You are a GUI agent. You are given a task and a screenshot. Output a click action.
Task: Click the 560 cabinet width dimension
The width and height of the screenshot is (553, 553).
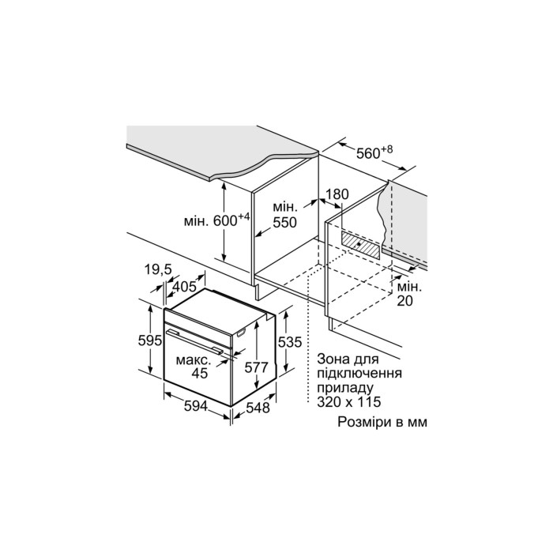(369, 154)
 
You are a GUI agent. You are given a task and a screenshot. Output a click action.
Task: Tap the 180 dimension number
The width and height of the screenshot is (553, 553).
(337, 194)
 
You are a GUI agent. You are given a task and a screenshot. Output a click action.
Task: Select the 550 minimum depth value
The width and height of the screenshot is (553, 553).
(285, 223)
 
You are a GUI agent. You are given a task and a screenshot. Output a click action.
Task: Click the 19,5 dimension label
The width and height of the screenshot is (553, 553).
(158, 269)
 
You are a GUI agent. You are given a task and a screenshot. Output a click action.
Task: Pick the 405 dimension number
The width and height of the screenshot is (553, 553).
(184, 286)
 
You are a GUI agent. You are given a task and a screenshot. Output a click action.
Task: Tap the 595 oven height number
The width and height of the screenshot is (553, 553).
(150, 340)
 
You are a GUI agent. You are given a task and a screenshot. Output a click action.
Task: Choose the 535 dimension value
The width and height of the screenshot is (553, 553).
(290, 342)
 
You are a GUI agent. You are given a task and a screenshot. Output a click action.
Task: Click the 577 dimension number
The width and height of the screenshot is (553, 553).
(257, 367)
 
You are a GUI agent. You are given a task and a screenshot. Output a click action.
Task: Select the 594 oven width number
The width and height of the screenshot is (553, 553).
(196, 406)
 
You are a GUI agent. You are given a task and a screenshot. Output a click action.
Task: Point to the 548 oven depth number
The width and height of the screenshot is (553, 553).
(258, 408)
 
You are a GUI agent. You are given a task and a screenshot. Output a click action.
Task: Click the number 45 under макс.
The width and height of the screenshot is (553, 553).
(200, 373)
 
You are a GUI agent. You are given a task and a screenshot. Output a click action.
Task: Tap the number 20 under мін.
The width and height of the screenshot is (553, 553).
(404, 300)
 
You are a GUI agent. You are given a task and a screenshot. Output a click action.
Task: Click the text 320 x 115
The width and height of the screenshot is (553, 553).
(349, 401)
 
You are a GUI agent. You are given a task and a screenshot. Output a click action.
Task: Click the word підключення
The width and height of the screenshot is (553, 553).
(359, 374)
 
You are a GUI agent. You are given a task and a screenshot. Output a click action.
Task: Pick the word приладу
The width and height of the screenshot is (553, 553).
(345, 388)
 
